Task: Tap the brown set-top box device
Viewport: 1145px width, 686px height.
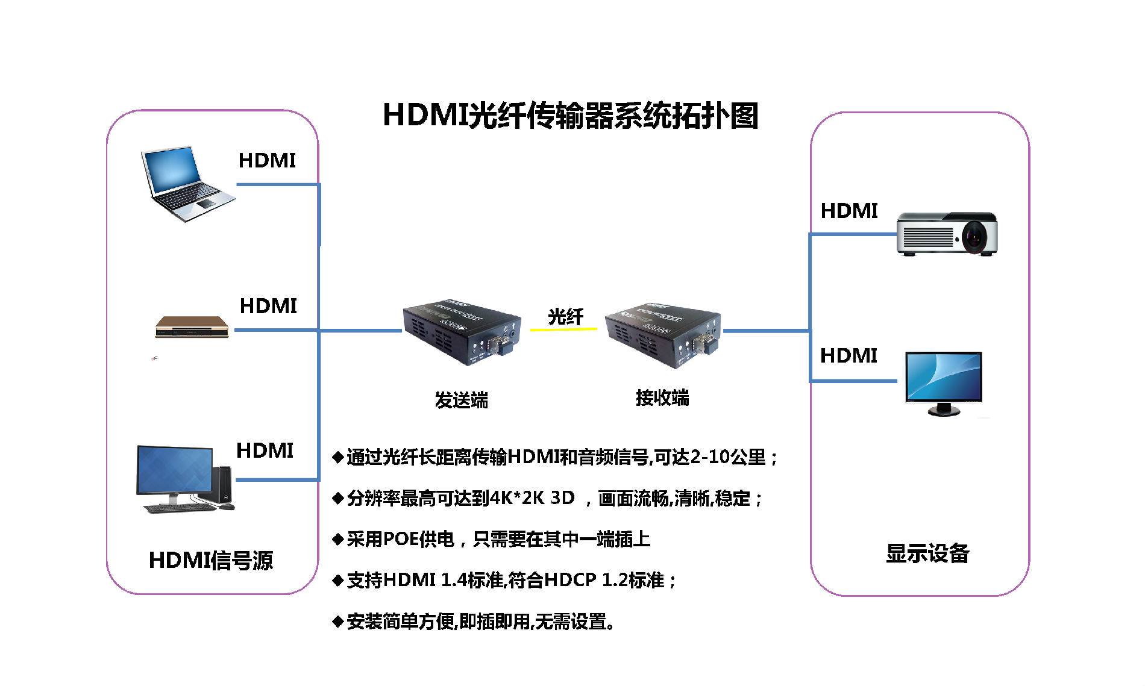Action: click(x=192, y=327)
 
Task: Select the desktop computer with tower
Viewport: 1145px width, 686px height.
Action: click(x=184, y=479)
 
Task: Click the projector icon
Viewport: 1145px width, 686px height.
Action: click(x=946, y=233)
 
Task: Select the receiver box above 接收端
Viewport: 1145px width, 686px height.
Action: click(x=663, y=333)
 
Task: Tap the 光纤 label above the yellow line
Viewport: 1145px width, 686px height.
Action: click(x=565, y=316)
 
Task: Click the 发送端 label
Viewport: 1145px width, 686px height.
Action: click(x=462, y=400)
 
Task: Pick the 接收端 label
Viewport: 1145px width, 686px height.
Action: click(x=662, y=398)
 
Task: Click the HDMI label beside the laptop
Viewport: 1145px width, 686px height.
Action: click(x=267, y=161)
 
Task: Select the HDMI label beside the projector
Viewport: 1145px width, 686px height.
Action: click(x=849, y=211)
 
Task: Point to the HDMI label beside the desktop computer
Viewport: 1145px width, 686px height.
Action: click(x=265, y=451)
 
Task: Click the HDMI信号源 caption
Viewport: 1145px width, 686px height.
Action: click(x=211, y=560)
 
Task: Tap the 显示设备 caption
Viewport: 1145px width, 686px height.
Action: click(x=927, y=553)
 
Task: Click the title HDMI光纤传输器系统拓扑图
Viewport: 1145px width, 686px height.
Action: click(x=570, y=115)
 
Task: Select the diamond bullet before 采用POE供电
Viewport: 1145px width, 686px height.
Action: click(x=338, y=539)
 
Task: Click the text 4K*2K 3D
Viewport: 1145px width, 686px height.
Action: click(x=532, y=498)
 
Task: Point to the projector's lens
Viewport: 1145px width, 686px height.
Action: click(x=974, y=236)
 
